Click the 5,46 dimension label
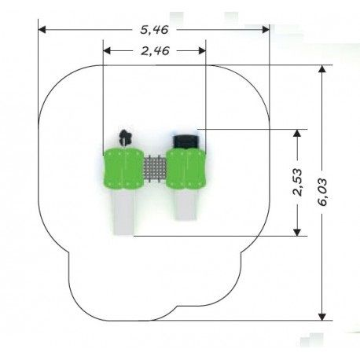tap(154, 30)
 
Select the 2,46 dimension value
tap(155, 51)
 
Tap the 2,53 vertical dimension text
tap(297, 182)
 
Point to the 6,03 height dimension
tap(322, 192)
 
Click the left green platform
tap(123, 169)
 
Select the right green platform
tap(186, 168)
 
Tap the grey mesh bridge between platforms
tap(155, 169)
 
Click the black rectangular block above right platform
tap(186, 141)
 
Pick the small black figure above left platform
tap(125, 138)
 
